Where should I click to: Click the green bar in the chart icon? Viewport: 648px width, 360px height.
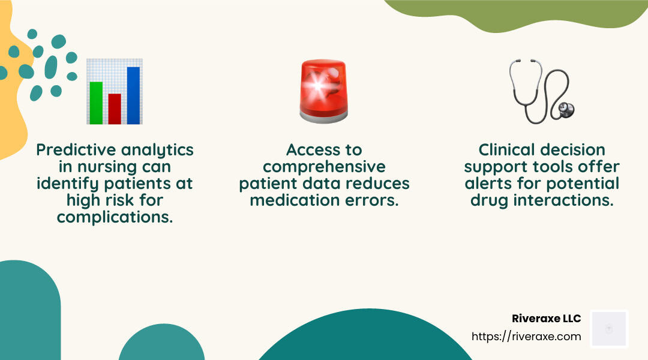(96, 103)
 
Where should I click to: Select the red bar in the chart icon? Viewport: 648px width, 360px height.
(115, 109)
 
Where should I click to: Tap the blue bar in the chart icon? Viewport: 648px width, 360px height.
(133, 95)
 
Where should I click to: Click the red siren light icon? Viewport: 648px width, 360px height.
(324, 91)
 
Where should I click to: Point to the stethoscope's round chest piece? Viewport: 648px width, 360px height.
(565, 110)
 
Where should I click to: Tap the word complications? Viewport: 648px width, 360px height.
(115, 217)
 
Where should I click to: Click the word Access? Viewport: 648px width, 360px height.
(313, 149)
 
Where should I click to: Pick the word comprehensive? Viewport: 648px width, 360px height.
(324, 167)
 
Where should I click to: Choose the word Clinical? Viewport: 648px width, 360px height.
(507, 149)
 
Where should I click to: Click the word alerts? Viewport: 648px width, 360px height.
(488, 184)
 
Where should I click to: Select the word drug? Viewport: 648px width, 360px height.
(489, 201)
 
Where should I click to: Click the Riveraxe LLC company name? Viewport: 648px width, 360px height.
(547, 318)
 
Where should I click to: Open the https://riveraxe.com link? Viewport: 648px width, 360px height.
(526, 337)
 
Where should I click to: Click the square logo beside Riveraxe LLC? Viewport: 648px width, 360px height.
(609, 329)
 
